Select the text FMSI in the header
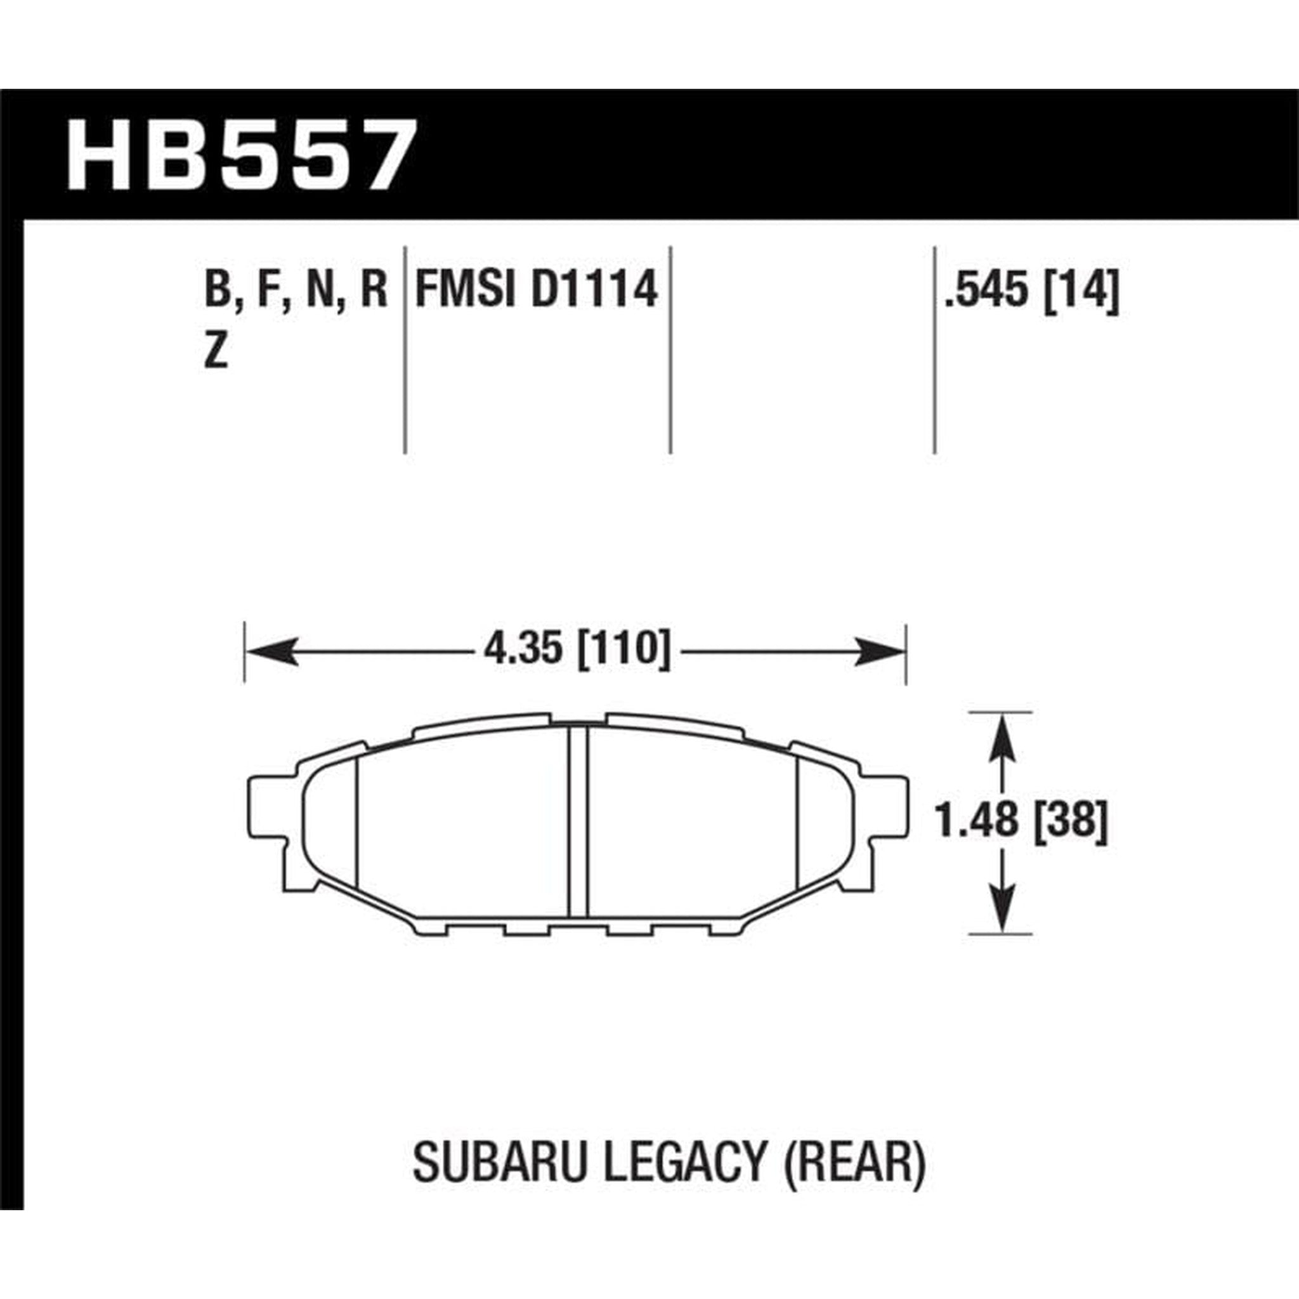coord(466,290)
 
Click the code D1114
coord(594,290)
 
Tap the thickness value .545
coord(988,290)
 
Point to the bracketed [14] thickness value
coord(1082,290)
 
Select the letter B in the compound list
coord(216,290)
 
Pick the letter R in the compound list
coord(374,290)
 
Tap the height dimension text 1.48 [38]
coord(1021,821)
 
